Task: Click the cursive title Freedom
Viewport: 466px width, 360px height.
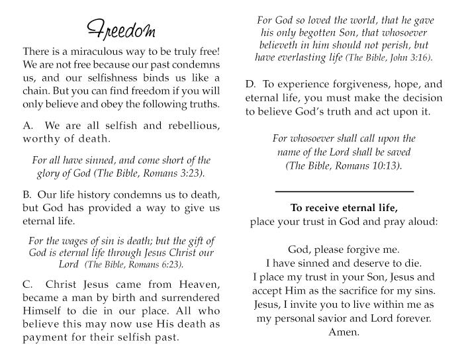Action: click(x=122, y=30)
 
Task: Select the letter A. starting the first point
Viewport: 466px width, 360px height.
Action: click(x=28, y=126)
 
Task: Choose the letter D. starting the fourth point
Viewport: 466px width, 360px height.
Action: click(x=250, y=85)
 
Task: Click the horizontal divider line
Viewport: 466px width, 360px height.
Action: click(x=344, y=191)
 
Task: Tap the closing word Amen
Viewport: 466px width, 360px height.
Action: click(x=344, y=332)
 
